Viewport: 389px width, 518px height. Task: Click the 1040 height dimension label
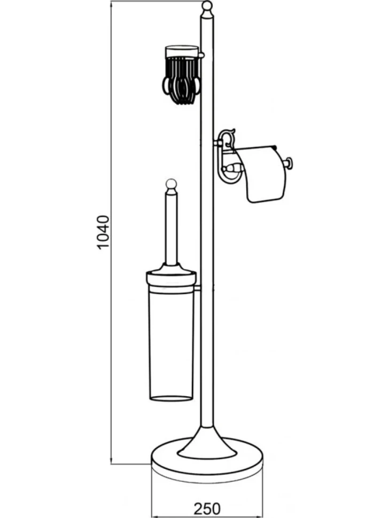click(104, 232)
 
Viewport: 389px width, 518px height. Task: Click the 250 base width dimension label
click(207, 508)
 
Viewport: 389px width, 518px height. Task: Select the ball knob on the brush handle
click(170, 184)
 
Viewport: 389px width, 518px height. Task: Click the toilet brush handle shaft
click(170, 229)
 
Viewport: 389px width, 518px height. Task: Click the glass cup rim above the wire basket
click(182, 51)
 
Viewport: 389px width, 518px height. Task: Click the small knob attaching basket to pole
click(202, 54)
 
